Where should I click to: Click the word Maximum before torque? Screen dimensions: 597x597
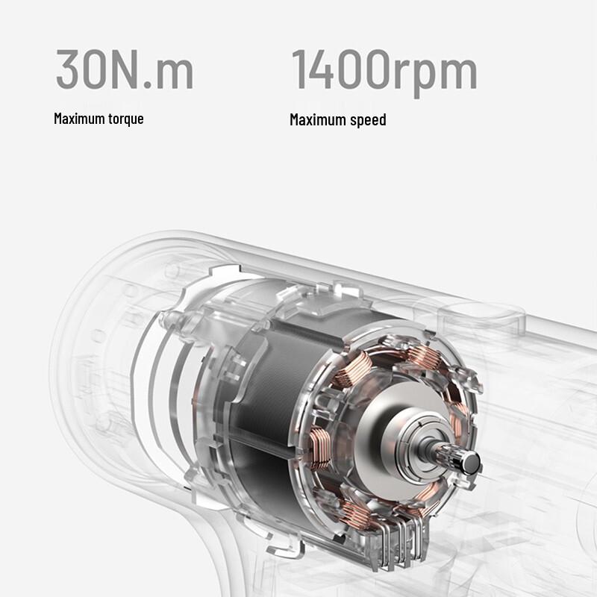(78, 119)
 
